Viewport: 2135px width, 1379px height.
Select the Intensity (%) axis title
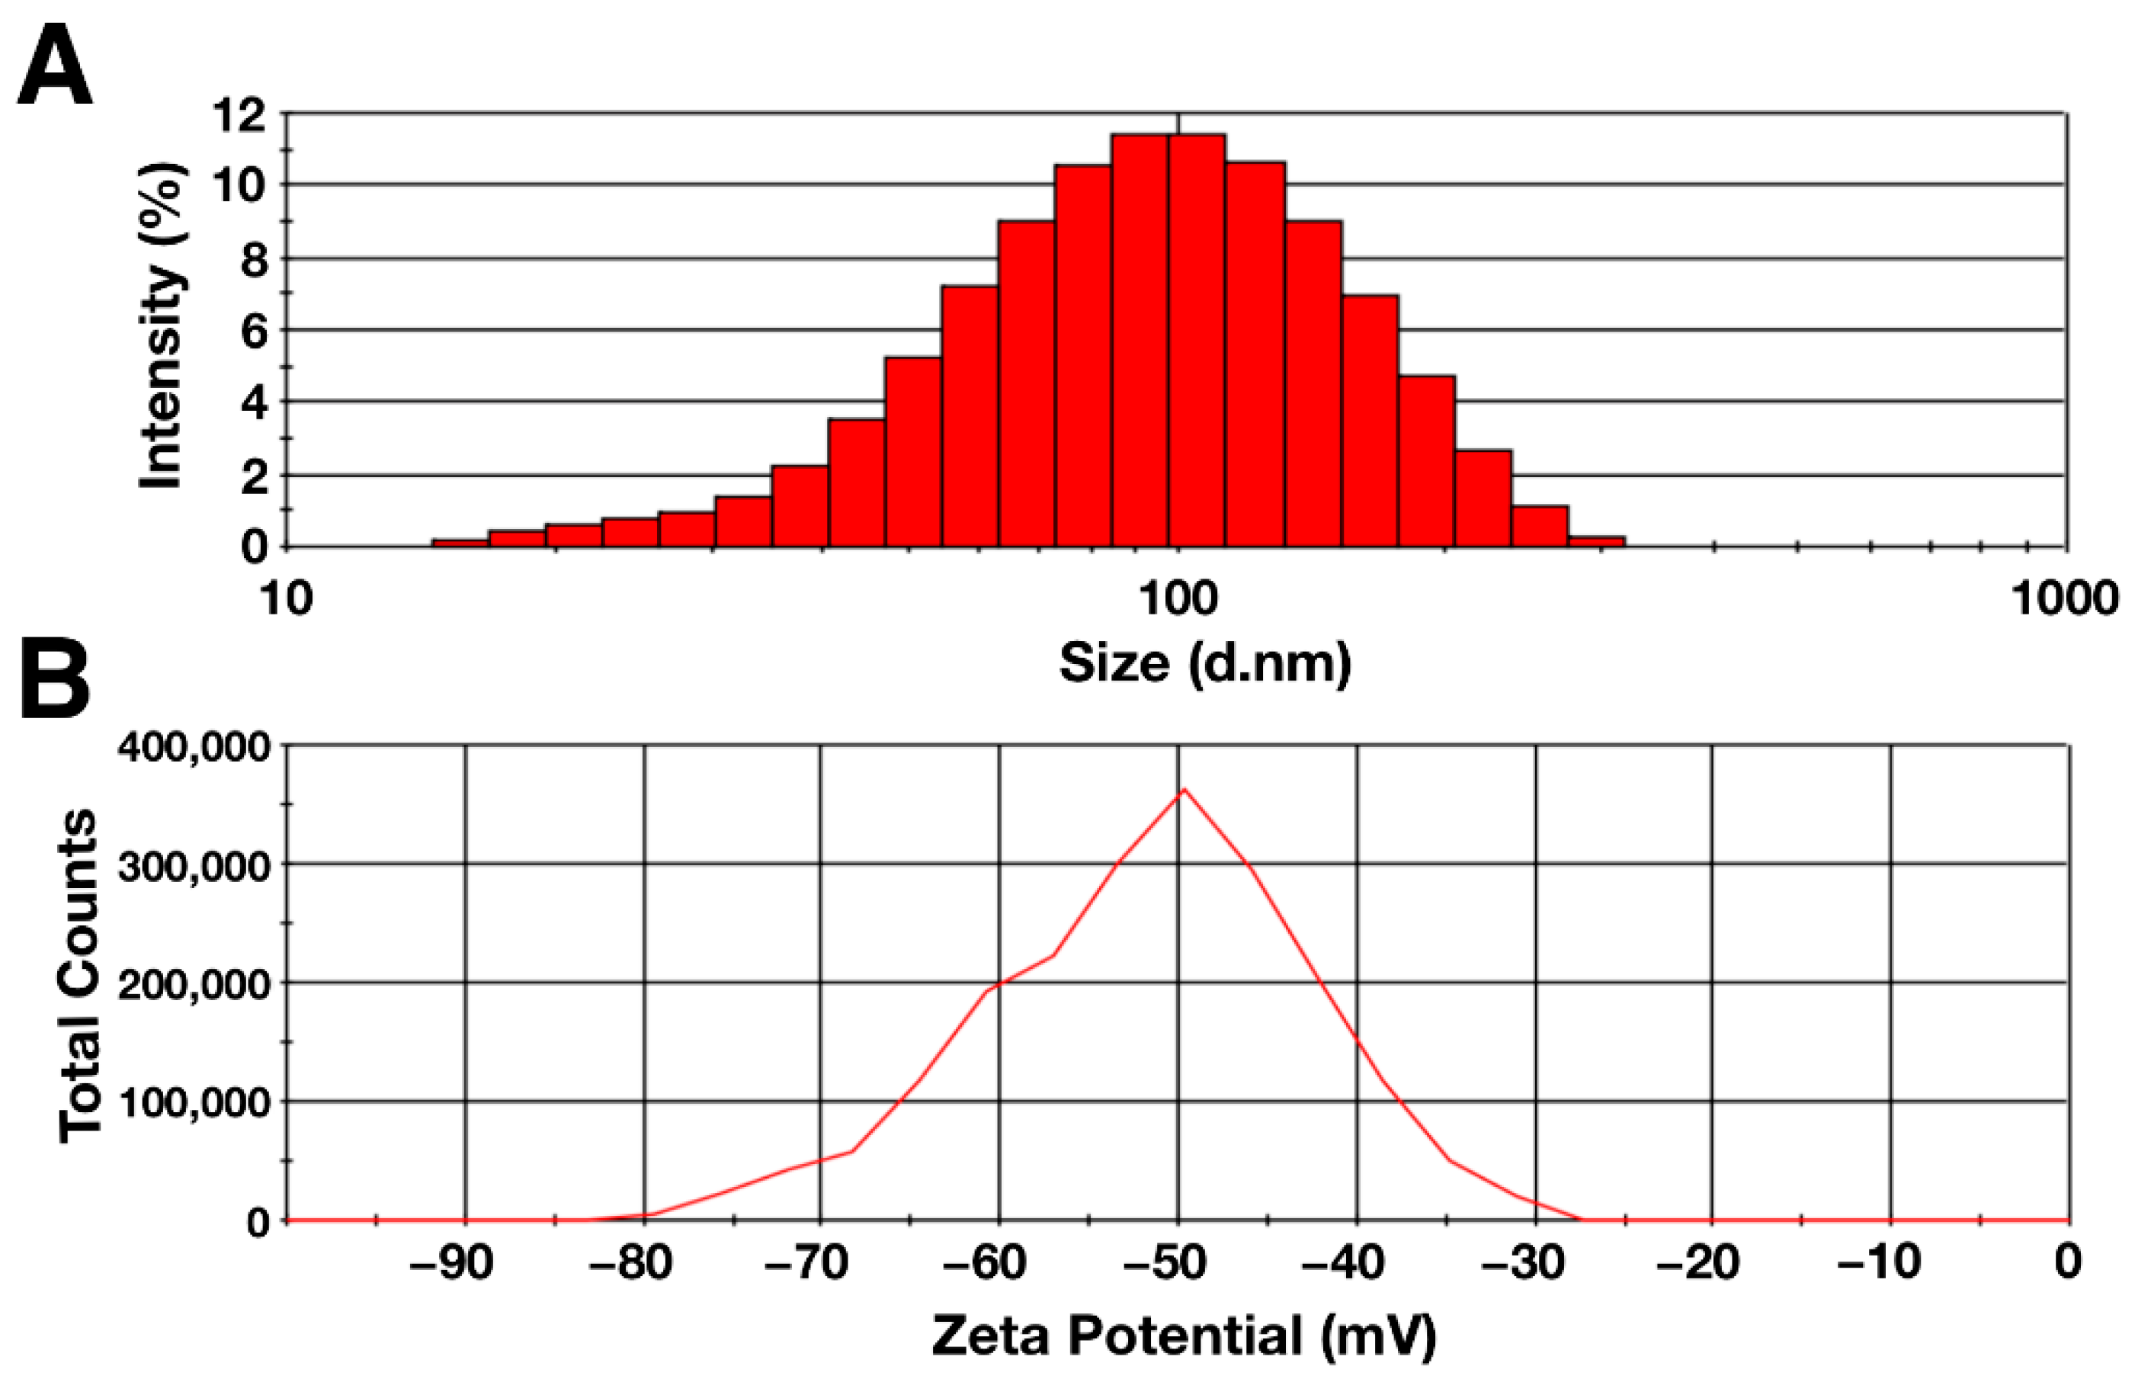[x=162, y=327]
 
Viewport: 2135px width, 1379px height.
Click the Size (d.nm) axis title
[x=1204, y=663]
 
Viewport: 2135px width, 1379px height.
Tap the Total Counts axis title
[x=79, y=976]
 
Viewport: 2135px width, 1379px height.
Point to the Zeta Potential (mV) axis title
[x=1184, y=1337]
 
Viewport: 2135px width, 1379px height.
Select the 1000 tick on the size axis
[x=2064, y=598]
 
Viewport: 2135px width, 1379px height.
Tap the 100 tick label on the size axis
[x=1178, y=598]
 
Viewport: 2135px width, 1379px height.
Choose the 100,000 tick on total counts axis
[x=193, y=1102]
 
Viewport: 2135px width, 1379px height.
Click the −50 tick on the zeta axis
[x=1178, y=1262]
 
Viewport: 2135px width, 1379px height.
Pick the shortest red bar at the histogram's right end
[x=1596, y=541]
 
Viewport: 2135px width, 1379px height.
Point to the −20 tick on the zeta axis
[x=1698, y=1262]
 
